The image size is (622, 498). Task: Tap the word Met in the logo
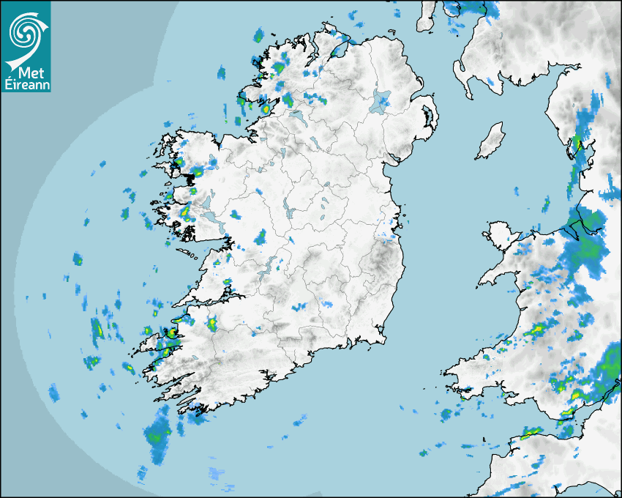(x=29, y=73)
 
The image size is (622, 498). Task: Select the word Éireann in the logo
(x=26, y=85)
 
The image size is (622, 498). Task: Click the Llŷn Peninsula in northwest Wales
(x=498, y=274)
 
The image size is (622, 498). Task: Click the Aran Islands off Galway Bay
(x=187, y=253)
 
